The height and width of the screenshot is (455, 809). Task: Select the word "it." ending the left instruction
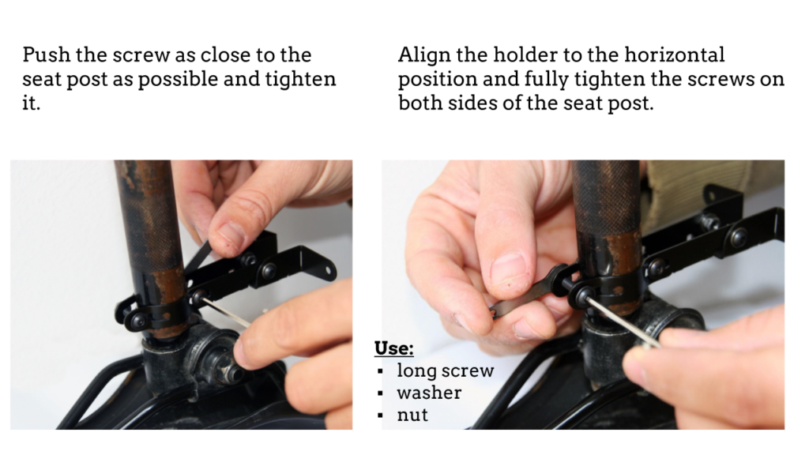tap(31, 103)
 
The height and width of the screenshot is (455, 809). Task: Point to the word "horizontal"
tap(675, 55)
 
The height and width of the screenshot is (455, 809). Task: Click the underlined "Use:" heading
tap(393, 348)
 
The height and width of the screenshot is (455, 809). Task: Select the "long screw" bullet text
tap(446, 371)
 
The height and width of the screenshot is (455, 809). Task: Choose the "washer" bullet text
tap(429, 393)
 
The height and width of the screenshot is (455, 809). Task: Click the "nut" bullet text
tap(412, 415)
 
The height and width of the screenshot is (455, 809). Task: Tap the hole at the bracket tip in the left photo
tap(327, 269)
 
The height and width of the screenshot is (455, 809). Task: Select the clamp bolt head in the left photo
tap(137, 321)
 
